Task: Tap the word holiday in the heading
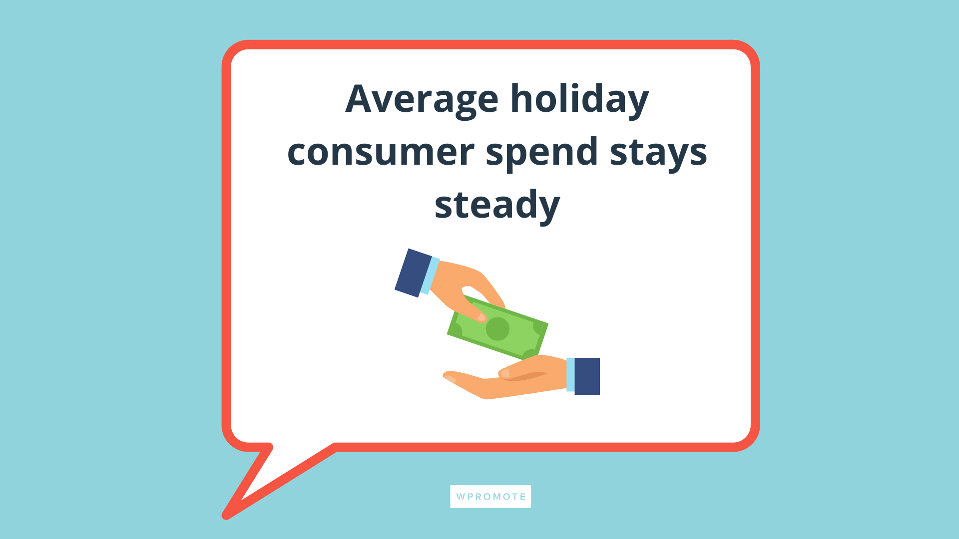[x=579, y=99]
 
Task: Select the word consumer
[x=381, y=153]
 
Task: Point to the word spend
[x=541, y=153]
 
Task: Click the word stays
[x=658, y=153]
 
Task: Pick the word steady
[x=497, y=205]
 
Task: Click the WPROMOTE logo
[x=490, y=497]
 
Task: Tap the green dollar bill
[x=497, y=327]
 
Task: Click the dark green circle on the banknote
[x=497, y=329]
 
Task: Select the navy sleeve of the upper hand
[x=413, y=273]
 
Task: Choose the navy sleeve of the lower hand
[x=587, y=376]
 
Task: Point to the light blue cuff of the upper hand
[x=430, y=275]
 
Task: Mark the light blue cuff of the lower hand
[x=570, y=375]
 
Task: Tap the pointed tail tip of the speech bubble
[x=226, y=516]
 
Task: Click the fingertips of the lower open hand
[x=449, y=377]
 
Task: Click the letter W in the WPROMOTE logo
[x=461, y=497]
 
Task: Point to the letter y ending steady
[x=548, y=210]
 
